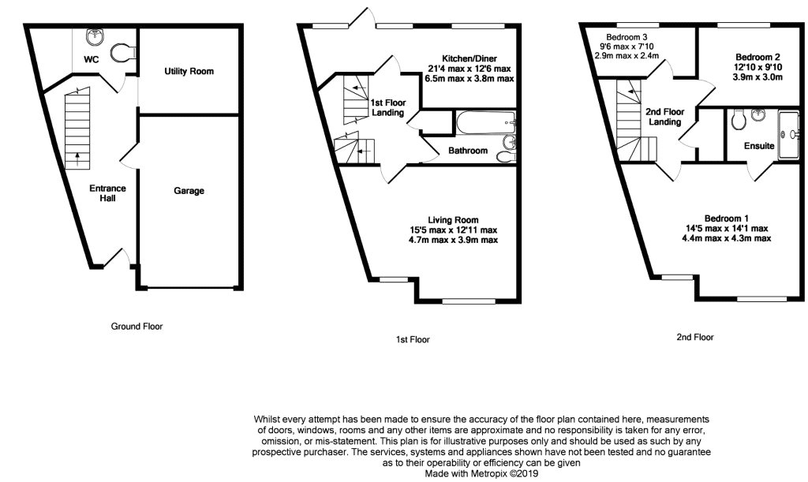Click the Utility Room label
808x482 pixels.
point(189,72)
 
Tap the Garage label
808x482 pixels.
point(189,191)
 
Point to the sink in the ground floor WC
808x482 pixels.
point(97,35)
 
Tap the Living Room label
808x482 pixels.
point(453,220)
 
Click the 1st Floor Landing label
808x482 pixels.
point(387,108)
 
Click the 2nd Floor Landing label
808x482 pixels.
point(665,117)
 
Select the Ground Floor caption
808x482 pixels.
point(137,326)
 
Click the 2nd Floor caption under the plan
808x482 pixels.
point(694,337)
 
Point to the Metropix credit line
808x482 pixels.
point(481,474)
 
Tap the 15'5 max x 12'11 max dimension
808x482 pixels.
point(452,230)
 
